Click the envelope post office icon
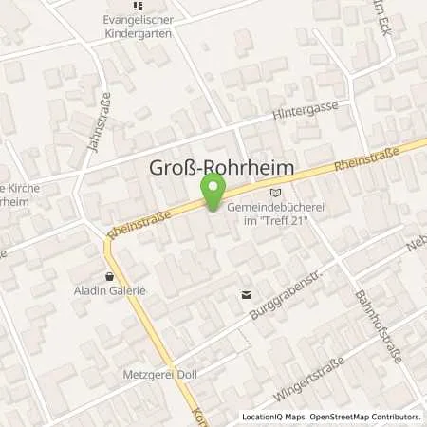tap(247, 294)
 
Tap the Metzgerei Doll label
tap(158, 374)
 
